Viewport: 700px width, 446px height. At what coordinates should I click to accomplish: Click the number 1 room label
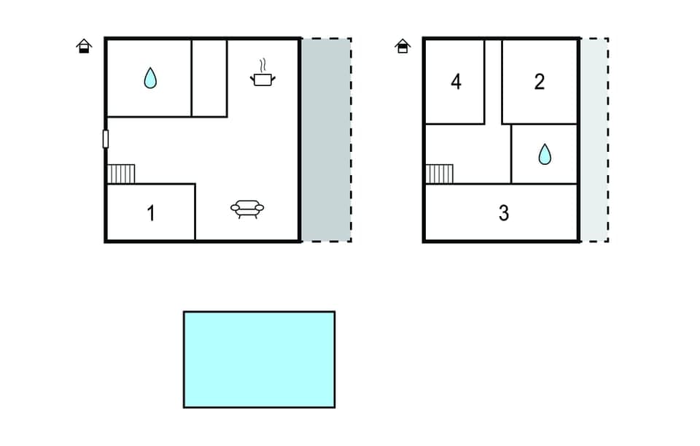click(x=151, y=214)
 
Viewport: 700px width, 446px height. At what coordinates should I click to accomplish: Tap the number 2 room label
click(x=539, y=82)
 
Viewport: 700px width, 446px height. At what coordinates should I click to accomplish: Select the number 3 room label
click(x=503, y=214)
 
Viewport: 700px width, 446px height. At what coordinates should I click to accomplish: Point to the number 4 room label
click(x=456, y=82)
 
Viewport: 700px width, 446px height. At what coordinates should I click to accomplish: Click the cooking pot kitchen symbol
click(x=262, y=77)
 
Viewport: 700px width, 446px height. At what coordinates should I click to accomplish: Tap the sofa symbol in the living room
click(x=247, y=209)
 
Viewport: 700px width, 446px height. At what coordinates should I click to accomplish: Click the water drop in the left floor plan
click(x=150, y=77)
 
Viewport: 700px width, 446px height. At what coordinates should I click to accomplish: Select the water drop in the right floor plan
click(x=544, y=154)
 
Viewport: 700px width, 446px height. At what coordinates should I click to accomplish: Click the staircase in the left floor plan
click(x=121, y=174)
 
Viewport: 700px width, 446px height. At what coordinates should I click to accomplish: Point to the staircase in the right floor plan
click(x=439, y=174)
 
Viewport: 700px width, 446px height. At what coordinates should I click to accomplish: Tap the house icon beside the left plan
click(x=85, y=46)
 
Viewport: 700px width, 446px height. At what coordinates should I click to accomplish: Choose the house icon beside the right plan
click(x=402, y=46)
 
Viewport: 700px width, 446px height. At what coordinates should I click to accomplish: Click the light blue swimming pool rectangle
click(x=259, y=359)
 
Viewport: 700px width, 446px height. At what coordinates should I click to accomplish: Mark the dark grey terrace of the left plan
click(x=325, y=140)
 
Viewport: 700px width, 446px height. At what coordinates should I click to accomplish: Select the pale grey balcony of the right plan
click(x=594, y=140)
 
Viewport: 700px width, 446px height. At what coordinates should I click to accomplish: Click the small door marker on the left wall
click(x=106, y=139)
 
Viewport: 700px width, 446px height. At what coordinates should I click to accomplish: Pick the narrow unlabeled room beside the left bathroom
click(x=209, y=77)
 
